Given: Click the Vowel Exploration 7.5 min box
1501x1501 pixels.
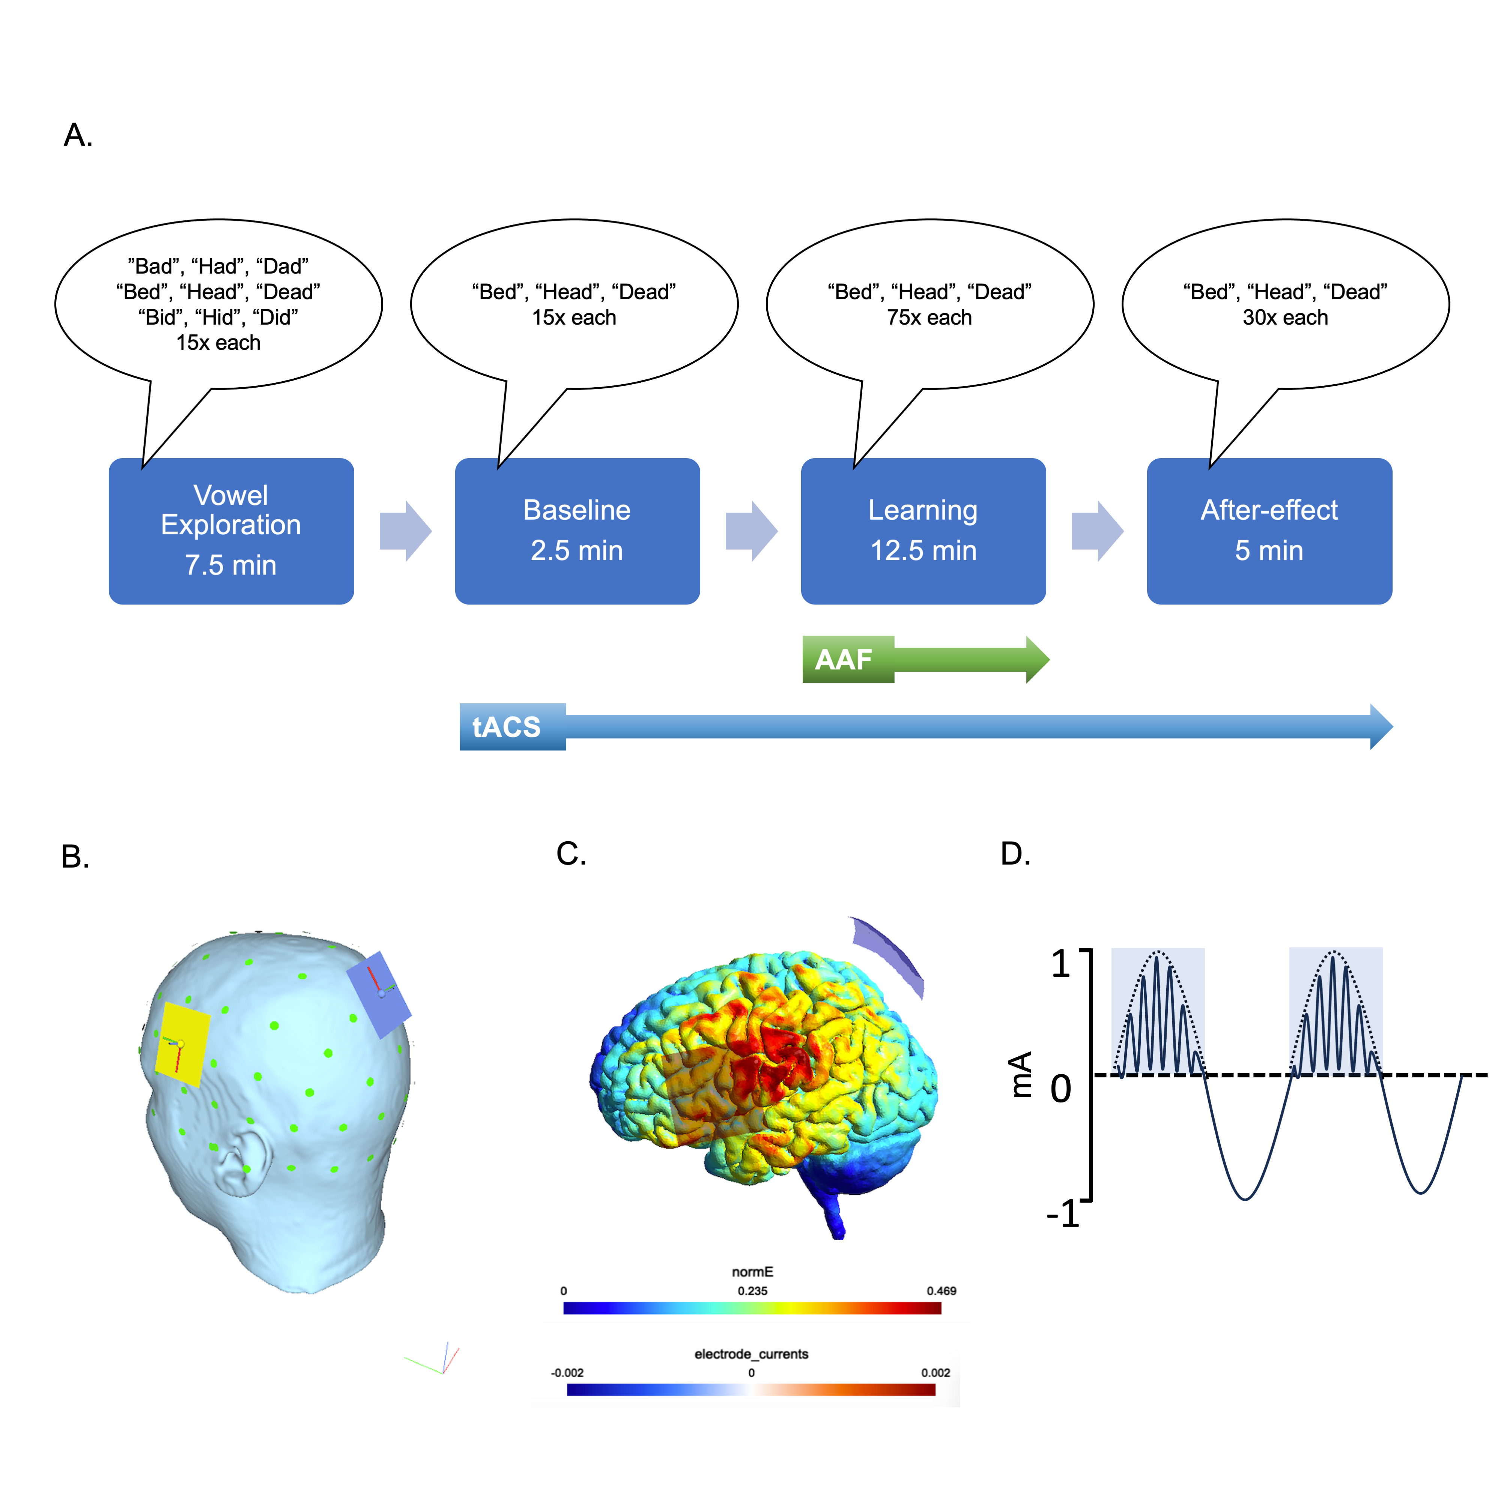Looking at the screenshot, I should pos(231,531).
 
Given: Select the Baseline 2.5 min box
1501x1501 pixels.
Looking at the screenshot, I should pos(576,531).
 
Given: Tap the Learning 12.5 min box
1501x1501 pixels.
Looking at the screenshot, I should pos(923,531).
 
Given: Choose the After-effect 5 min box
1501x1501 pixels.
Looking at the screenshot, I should pos(1269,531).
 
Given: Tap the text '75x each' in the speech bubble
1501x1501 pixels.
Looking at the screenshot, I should pos(929,318).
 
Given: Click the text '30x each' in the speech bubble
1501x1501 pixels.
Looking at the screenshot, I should pos(1285,318).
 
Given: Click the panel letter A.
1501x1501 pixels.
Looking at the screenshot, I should pos(78,135).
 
